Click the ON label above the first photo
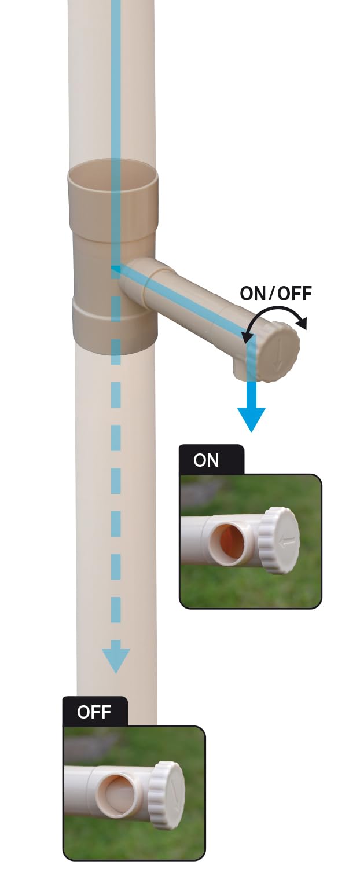click(205, 460)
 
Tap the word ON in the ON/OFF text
click(253, 294)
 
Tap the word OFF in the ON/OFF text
click(294, 294)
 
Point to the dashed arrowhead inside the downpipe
click(116, 661)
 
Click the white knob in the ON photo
click(279, 540)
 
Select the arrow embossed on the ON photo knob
click(286, 542)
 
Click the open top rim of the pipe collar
click(112, 174)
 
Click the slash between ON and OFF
click(271, 294)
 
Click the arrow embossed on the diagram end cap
click(278, 354)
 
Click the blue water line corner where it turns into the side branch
click(115, 270)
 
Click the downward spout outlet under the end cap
click(245, 370)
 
